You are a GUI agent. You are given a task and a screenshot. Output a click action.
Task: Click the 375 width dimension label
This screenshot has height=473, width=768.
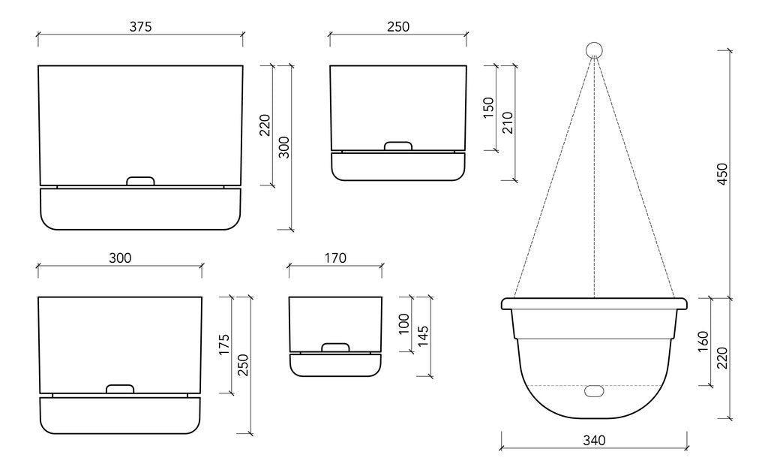tap(140, 26)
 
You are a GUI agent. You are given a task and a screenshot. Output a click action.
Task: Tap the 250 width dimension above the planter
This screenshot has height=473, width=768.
tap(397, 26)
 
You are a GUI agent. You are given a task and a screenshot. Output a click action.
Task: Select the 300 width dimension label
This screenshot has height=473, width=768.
tap(120, 258)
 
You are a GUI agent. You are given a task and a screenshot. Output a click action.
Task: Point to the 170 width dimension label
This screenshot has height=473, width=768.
tap(335, 258)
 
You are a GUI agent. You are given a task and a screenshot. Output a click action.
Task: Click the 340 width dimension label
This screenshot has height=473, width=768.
tap(593, 440)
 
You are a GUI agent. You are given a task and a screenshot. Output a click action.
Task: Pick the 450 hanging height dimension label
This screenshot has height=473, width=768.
tap(721, 173)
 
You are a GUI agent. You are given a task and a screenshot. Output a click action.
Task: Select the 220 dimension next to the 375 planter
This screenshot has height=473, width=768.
tap(265, 125)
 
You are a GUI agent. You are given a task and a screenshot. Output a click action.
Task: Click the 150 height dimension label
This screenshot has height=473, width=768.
tap(488, 107)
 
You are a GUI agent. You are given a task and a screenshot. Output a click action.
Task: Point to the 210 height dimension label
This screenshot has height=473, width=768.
tap(507, 122)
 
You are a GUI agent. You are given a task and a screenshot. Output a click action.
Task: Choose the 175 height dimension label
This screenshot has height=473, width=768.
tap(224, 345)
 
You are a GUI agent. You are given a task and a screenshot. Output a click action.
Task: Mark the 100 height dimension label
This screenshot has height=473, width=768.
tap(405, 324)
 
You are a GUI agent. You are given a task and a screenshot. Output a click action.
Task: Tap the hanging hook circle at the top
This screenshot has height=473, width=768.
tap(594, 50)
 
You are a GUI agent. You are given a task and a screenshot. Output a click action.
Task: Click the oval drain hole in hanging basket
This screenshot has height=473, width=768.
tap(594, 391)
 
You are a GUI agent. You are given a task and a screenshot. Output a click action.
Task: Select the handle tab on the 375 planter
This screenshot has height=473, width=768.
tap(140, 181)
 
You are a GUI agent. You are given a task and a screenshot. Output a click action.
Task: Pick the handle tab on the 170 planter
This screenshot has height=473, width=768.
tap(335, 348)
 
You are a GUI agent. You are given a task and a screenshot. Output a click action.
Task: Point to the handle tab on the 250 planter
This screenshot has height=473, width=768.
tap(397, 146)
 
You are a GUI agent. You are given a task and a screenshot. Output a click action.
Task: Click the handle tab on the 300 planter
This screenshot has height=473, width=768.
tap(120, 389)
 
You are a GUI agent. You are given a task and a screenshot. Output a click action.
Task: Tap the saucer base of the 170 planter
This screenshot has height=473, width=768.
tap(335, 364)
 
